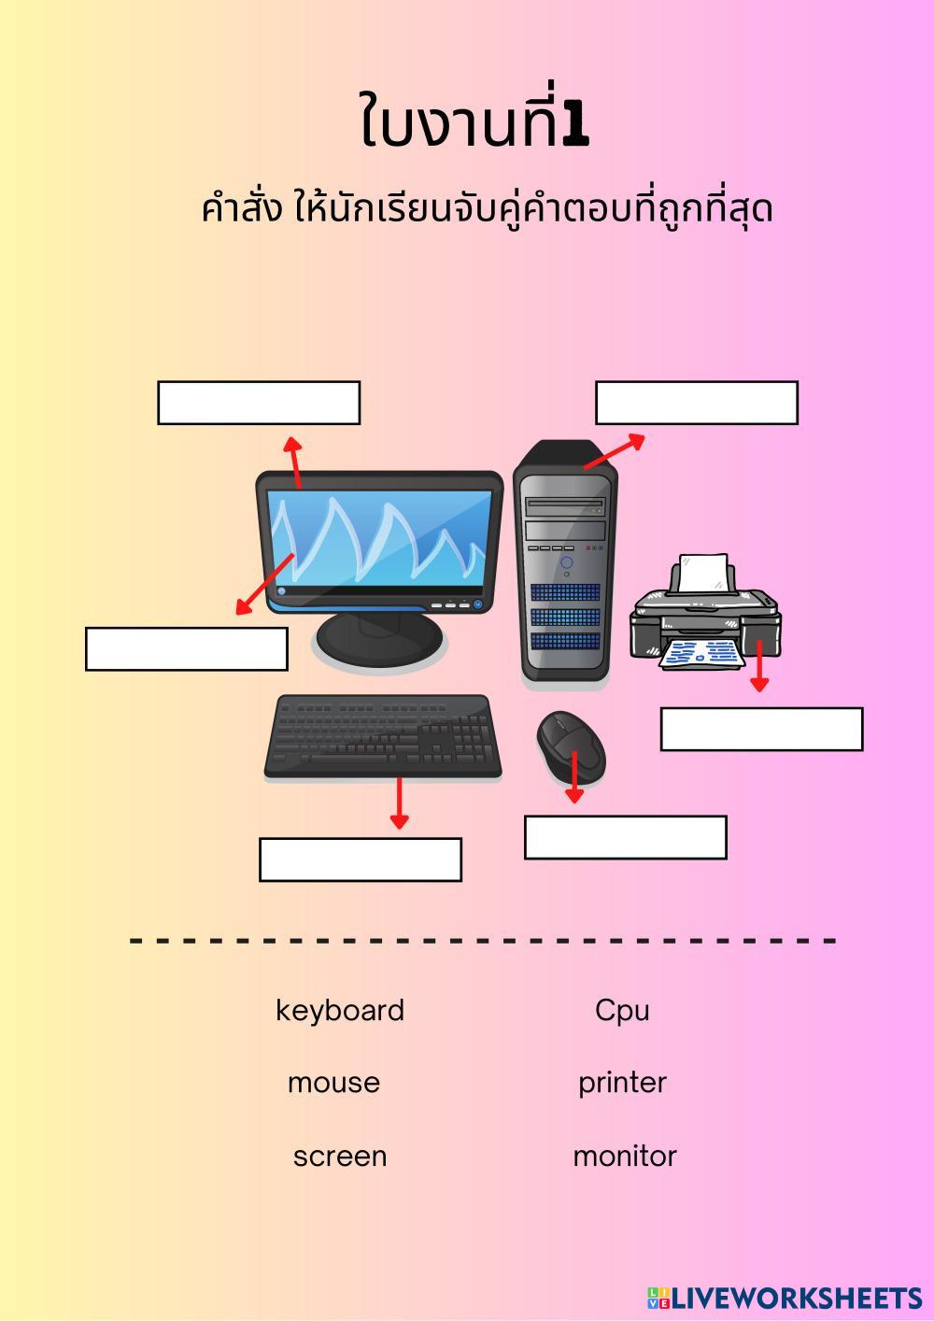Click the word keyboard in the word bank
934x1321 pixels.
click(x=340, y=1010)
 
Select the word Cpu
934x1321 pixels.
click(x=622, y=1010)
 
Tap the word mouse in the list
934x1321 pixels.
click(x=333, y=1083)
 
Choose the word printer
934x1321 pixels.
click(x=622, y=1083)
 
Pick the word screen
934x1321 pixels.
click(x=340, y=1157)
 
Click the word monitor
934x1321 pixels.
click(x=625, y=1157)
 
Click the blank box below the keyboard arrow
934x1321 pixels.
click(x=361, y=859)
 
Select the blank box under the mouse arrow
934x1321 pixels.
click(x=626, y=837)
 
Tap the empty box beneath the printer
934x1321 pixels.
click(x=761, y=729)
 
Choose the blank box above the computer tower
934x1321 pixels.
click(x=697, y=403)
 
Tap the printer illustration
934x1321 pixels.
click(x=706, y=617)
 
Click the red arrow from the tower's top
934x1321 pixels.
click(x=614, y=451)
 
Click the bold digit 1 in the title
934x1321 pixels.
click(x=576, y=127)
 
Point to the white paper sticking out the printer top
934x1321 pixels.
click(x=704, y=572)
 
